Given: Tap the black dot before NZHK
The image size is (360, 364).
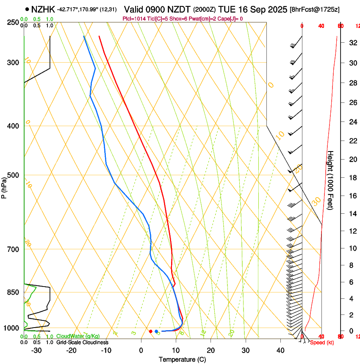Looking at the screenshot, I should click(x=27, y=9).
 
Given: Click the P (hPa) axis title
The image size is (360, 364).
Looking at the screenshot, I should click(x=4, y=185).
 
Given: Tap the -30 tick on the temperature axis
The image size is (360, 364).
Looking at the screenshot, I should click(x=36, y=350).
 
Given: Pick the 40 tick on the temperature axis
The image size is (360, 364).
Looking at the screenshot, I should click(x=280, y=350).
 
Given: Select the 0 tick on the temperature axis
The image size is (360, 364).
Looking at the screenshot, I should click(x=141, y=350).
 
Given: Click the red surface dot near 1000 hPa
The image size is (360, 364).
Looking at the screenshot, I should click(x=151, y=331).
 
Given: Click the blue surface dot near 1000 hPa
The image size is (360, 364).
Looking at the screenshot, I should click(x=156, y=331).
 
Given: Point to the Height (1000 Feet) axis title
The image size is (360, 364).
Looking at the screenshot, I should click(x=330, y=180).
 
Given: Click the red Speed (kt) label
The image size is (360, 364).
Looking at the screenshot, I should click(x=321, y=342).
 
